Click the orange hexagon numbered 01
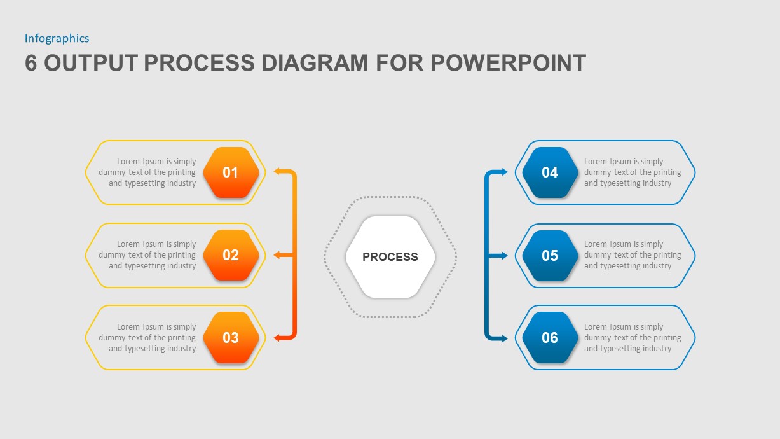(x=231, y=172)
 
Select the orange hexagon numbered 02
(x=231, y=255)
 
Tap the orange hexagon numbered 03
(x=231, y=338)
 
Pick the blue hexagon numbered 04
(x=550, y=172)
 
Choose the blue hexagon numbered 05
(x=550, y=255)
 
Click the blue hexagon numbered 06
(x=550, y=338)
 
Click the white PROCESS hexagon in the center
(x=390, y=257)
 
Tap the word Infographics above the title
(x=57, y=38)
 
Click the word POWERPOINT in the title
(x=508, y=63)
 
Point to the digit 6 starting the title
(x=31, y=63)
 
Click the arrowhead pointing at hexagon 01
(x=277, y=171)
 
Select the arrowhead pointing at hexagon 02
(x=277, y=255)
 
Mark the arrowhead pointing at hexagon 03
(x=277, y=338)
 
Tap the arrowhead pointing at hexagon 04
(x=505, y=172)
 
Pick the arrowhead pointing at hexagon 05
(x=505, y=255)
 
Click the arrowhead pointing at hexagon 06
(x=505, y=338)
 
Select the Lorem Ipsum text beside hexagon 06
(x=632, y=338)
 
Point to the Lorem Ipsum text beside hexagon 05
(x=632, y=255)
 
